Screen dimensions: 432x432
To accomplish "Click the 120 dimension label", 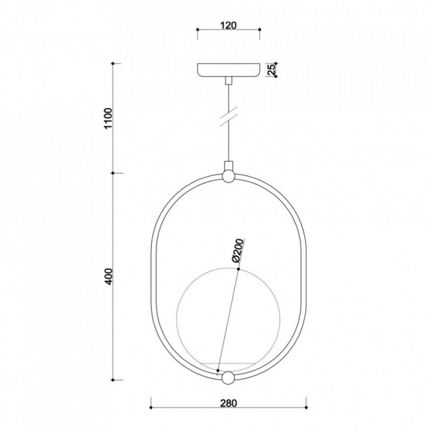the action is pyautogui.click(x=228, y=25).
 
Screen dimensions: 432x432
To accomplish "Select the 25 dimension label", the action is pyautogui.click(x=272, y=70).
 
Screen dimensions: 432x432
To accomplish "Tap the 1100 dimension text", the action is pyautogui.click(x=109, y=118).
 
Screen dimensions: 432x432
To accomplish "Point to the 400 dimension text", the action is pyautogui.click(x=109, y=276).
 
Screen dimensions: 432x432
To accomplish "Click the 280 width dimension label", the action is pyautogui.click(x=228, y=403).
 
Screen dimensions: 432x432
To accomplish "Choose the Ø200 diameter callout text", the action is pyautogui.click(x=237, y=251).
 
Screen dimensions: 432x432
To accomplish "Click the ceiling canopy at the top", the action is pyautogui.click(x=228, y=70).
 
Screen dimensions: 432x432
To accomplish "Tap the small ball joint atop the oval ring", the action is pyautogui.click(x=228, y=176).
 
